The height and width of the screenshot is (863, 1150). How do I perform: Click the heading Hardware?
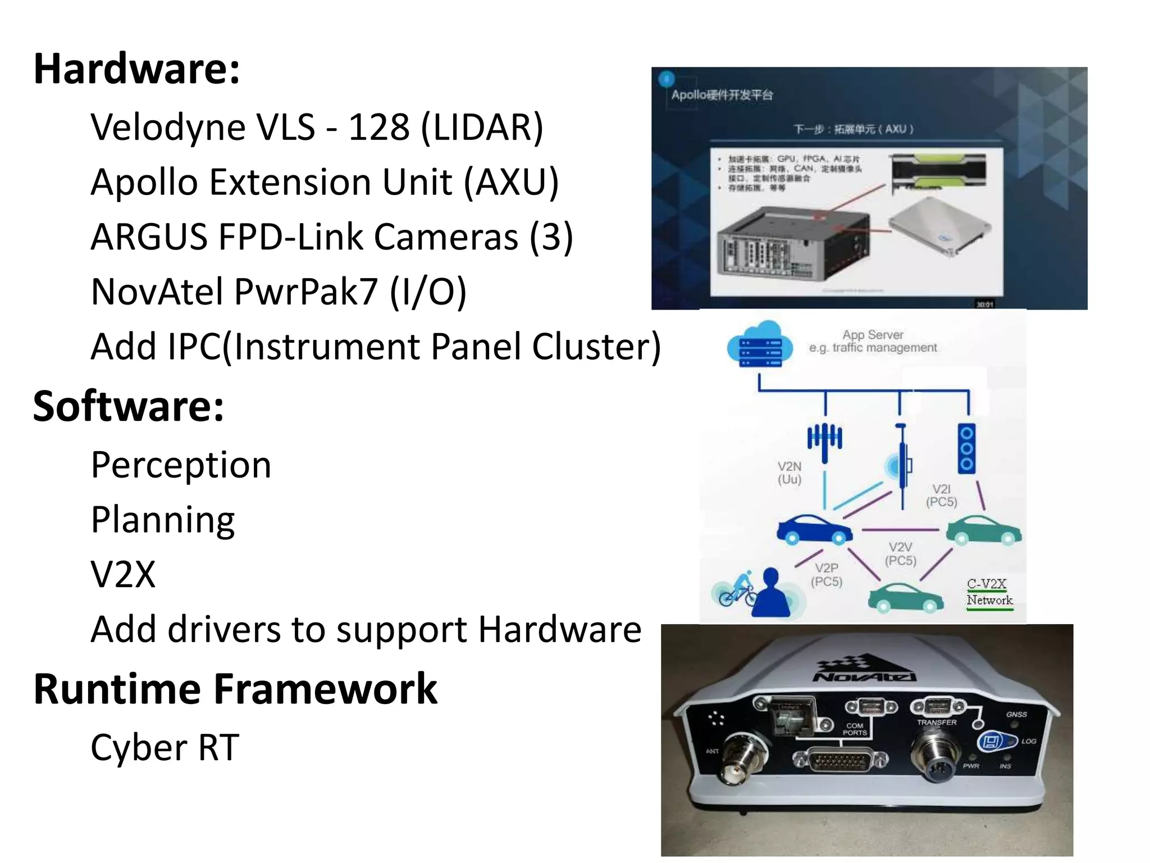(136, 69)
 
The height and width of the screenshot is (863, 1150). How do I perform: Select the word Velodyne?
(167, 128)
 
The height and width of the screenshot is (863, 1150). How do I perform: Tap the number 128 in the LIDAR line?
(378, 127)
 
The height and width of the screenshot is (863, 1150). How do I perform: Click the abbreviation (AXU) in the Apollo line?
(511, 183)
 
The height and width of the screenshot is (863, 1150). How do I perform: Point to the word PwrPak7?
(306, 292)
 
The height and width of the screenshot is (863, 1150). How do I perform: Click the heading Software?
(128, 406)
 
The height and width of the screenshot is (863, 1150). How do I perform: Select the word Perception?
(181, 465)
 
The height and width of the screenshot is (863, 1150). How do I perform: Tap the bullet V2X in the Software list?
(123, 575)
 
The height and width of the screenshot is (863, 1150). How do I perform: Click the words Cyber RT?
(165, 748)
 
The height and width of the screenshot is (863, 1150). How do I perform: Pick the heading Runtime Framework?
(235, 689)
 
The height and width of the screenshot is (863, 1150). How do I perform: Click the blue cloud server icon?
(760, 344)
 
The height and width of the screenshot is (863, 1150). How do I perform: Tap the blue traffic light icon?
(966, 448)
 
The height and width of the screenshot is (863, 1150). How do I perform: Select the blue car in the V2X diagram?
(813, 530)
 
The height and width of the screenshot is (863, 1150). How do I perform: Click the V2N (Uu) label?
(789, 473)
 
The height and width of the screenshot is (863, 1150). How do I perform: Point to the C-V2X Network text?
(989, 592)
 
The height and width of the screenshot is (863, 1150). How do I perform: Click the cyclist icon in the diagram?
(736, 590)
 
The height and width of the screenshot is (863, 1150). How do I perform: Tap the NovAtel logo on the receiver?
(865, 671)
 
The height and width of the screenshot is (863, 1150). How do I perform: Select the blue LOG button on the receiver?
(991, 742)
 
